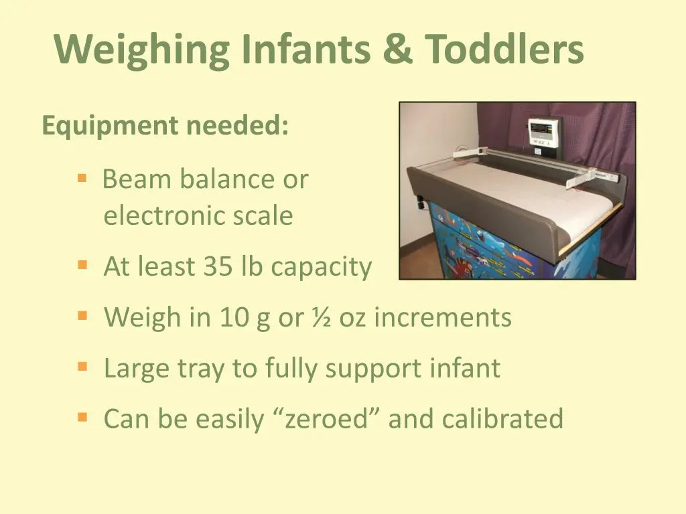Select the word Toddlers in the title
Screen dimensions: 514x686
pyautogui.click(x=504, y=49)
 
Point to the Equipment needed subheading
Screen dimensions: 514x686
pyautogui.click(x=165, y=126)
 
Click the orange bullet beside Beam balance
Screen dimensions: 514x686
pyautogui.click(x=82, y=179)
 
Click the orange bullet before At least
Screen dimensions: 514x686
pyautogui.click(x=82, y=266)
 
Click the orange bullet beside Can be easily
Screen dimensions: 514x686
pyautogui.click(x=82, y=418)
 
